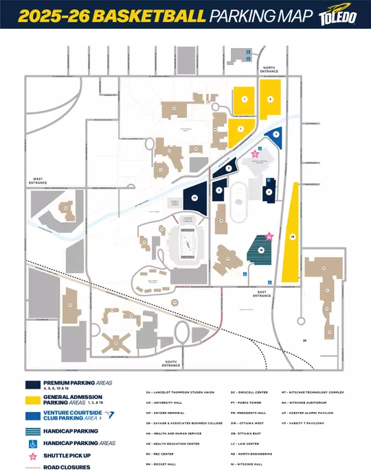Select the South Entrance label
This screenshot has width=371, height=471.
click(x=171, y=365)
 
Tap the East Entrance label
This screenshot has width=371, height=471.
click(x=262, y=293)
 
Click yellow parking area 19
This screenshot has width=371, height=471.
click(x=292, y=236)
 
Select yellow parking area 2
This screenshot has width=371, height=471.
click(x=270, y=100)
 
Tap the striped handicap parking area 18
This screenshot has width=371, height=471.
click(x=262, y=250)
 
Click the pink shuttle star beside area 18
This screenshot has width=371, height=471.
click(x=269, y=236)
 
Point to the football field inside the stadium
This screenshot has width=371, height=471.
click(x=186, y=245)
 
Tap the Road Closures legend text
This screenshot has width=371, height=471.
click(x=66, y=466)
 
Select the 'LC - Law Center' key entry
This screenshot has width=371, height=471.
click(x=245, y=443)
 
